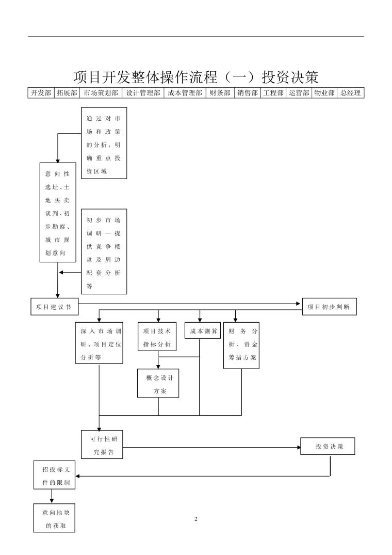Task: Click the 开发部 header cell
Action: pos(41,93)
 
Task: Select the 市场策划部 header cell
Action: pos(101,93)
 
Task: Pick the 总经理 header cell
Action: pos(351,93)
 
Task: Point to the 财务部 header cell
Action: pos(220,93)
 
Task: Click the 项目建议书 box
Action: pos(54,306)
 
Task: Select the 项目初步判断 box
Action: pos(329,306)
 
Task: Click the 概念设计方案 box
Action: pos(158,383)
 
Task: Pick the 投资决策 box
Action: pos(329,446)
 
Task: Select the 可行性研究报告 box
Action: pos(102,443)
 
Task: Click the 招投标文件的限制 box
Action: pos(54,475)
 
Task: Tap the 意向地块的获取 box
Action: pos(54,518)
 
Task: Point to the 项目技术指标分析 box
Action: pos(158,337)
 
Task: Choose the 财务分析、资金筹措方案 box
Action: pos(241,344)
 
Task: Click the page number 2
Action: pos(196,519)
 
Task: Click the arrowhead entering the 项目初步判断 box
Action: pos(300,304)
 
